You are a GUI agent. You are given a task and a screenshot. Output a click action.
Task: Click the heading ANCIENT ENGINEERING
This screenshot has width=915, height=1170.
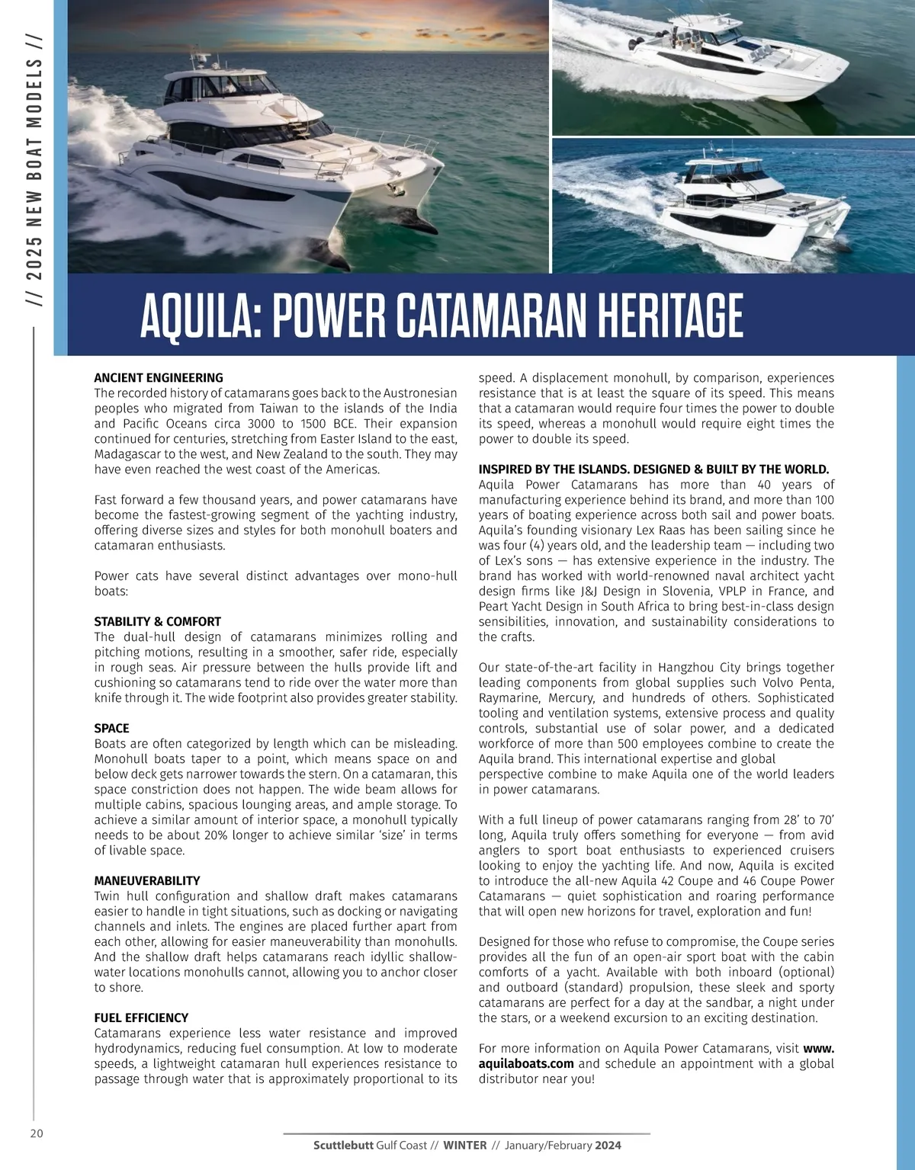click(159, 377)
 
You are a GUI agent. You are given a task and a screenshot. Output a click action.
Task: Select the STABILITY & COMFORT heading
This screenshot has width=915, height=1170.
click(157, 621)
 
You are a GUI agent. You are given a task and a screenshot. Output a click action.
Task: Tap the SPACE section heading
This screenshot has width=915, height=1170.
click(111, 728)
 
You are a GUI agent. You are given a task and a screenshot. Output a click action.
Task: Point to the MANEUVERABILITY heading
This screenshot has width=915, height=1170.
click(147, 880)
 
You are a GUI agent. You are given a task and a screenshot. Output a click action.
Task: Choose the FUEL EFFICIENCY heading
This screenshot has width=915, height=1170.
click(141, 1018)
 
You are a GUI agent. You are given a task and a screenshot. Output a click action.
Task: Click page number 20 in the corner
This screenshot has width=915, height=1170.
click(37, 1133)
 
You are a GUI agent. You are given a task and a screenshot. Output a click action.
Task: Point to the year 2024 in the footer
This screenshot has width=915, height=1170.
click(608, 1145)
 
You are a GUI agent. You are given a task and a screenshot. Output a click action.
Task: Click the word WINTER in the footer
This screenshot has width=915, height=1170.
click(465, 1145)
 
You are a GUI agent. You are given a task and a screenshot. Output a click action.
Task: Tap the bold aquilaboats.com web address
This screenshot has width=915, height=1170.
click(526, 1063)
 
